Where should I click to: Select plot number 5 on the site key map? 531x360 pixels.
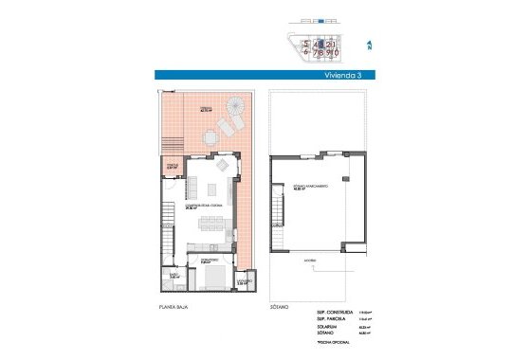click(x=306, y=44)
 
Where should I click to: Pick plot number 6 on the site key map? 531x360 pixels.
click(x=306, y=53)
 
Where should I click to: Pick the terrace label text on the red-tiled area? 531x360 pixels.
click(x=206, y=110)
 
